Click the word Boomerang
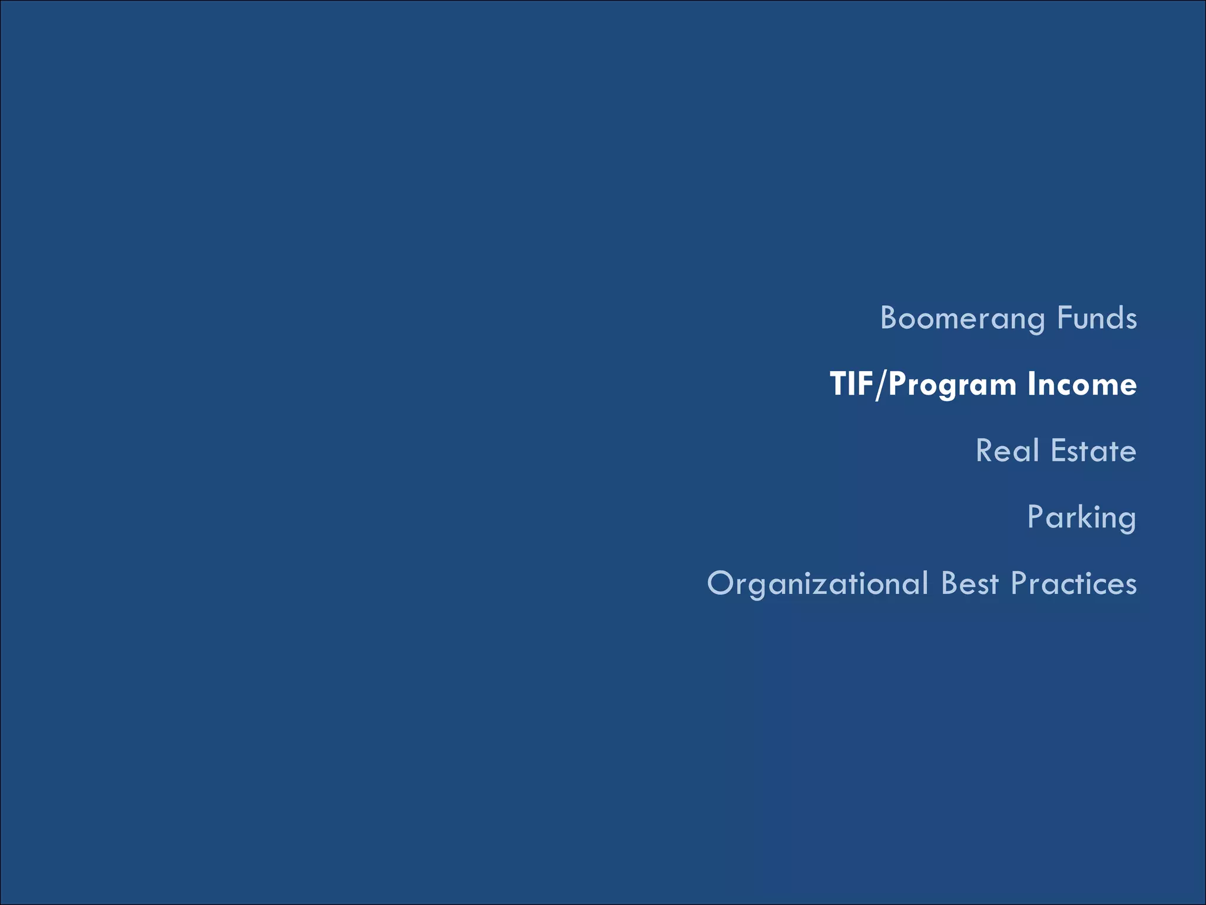click(x=962, y=319)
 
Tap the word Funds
click(x=1096, y=318)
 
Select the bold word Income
click(x=1082, y=384)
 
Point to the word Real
click(x=1007, y=451)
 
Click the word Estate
click(x=1093, y=451)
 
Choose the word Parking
click(x=1081, y=518)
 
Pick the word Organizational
click(x=817, y=584)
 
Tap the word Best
click(x=970, y=583)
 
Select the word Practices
click(x=1074, y=583)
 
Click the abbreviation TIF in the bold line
click(x=851, y=384)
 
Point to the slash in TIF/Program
click(x=880, y=385)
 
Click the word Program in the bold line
click(x=952, y=385)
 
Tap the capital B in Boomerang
click(x=889, y=318)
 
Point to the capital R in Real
click(x=985, y=451)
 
